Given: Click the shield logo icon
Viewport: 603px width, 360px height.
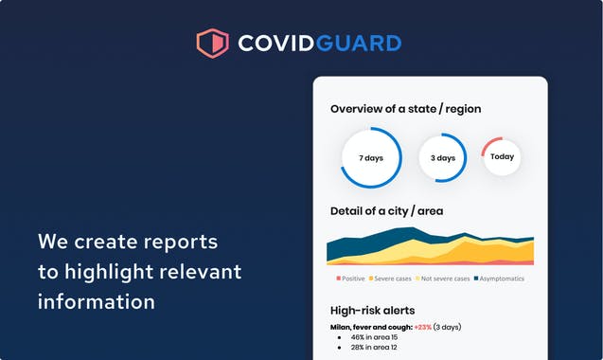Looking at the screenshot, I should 212,43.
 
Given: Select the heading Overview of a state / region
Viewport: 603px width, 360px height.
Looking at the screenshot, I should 405,109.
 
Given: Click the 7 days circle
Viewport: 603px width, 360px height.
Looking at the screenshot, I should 371,158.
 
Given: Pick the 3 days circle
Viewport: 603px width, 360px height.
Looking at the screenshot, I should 443,158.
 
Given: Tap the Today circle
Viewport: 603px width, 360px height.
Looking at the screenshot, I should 502,156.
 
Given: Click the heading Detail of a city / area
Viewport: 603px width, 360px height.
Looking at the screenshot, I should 386,210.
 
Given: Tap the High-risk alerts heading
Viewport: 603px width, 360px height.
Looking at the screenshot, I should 372,310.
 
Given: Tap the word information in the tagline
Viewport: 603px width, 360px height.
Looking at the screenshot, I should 97,302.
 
